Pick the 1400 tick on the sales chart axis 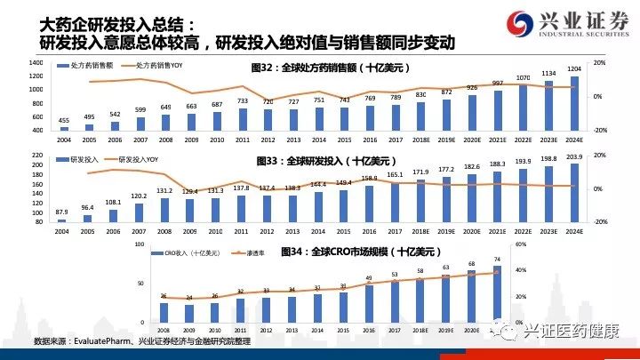point(36,63)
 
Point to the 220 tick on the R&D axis point(38,156)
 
